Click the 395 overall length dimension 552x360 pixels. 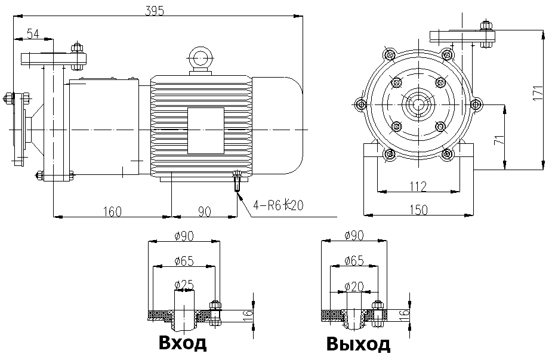(x=154, y=11)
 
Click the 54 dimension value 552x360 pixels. (x=33, y=34)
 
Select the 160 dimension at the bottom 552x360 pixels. (x=112, y=212)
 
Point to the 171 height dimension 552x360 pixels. (x=538, y=93)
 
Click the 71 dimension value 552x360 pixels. (x=499, y=140)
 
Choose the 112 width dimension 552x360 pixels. (x=418, y=186)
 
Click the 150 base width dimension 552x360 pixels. (x=418, y=210)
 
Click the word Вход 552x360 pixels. (x=183, y=342)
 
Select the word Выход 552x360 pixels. (x=358, y=343)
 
